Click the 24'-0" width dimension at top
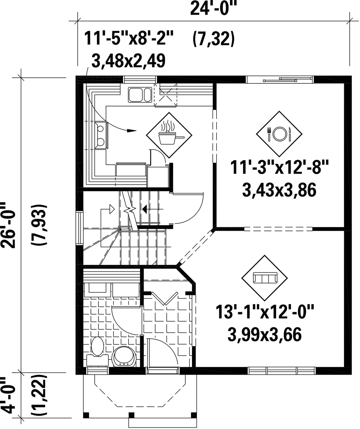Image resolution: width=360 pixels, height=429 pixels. (x=213, y=8)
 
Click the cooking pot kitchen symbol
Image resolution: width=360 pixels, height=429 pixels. (x=169, y=135)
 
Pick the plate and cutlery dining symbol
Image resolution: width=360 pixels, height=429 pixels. (x=279, y=134)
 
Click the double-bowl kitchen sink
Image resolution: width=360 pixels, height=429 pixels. (x=140, y=95)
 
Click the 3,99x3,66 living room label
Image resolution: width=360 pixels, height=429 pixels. (x=265, y=335)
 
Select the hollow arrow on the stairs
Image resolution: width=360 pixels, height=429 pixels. (x=112, y=209)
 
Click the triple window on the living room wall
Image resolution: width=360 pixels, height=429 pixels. (x=281, y=370)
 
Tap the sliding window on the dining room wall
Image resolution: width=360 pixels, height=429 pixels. (x=280, y=80)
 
